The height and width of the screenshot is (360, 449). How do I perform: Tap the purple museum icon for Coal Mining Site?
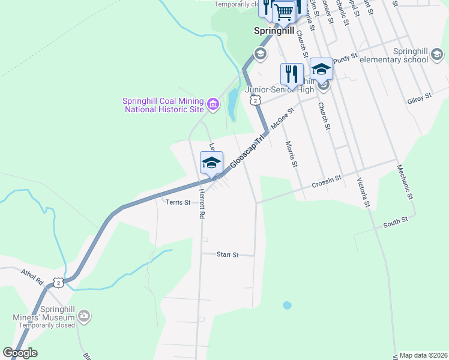[x=212, y=105]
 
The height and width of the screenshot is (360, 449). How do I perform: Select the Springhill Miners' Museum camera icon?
[x=84, y=314]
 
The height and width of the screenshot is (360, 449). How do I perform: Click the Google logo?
[x=20, y=353]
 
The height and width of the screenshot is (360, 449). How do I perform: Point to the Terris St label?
[x=178, y=203]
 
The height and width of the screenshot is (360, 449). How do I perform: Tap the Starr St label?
[x=228, y=255]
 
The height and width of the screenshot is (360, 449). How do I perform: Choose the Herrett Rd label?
[x=202, y=205]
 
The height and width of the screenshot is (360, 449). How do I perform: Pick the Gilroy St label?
[x=419, y=96]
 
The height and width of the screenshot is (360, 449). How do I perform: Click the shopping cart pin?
[x=283, y=11]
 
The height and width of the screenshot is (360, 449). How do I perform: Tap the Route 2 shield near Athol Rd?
[x=58, y=281]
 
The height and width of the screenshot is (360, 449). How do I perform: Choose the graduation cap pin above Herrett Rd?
[x=211, y=163]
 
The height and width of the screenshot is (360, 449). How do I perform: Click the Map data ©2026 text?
[x=424, y=355]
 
